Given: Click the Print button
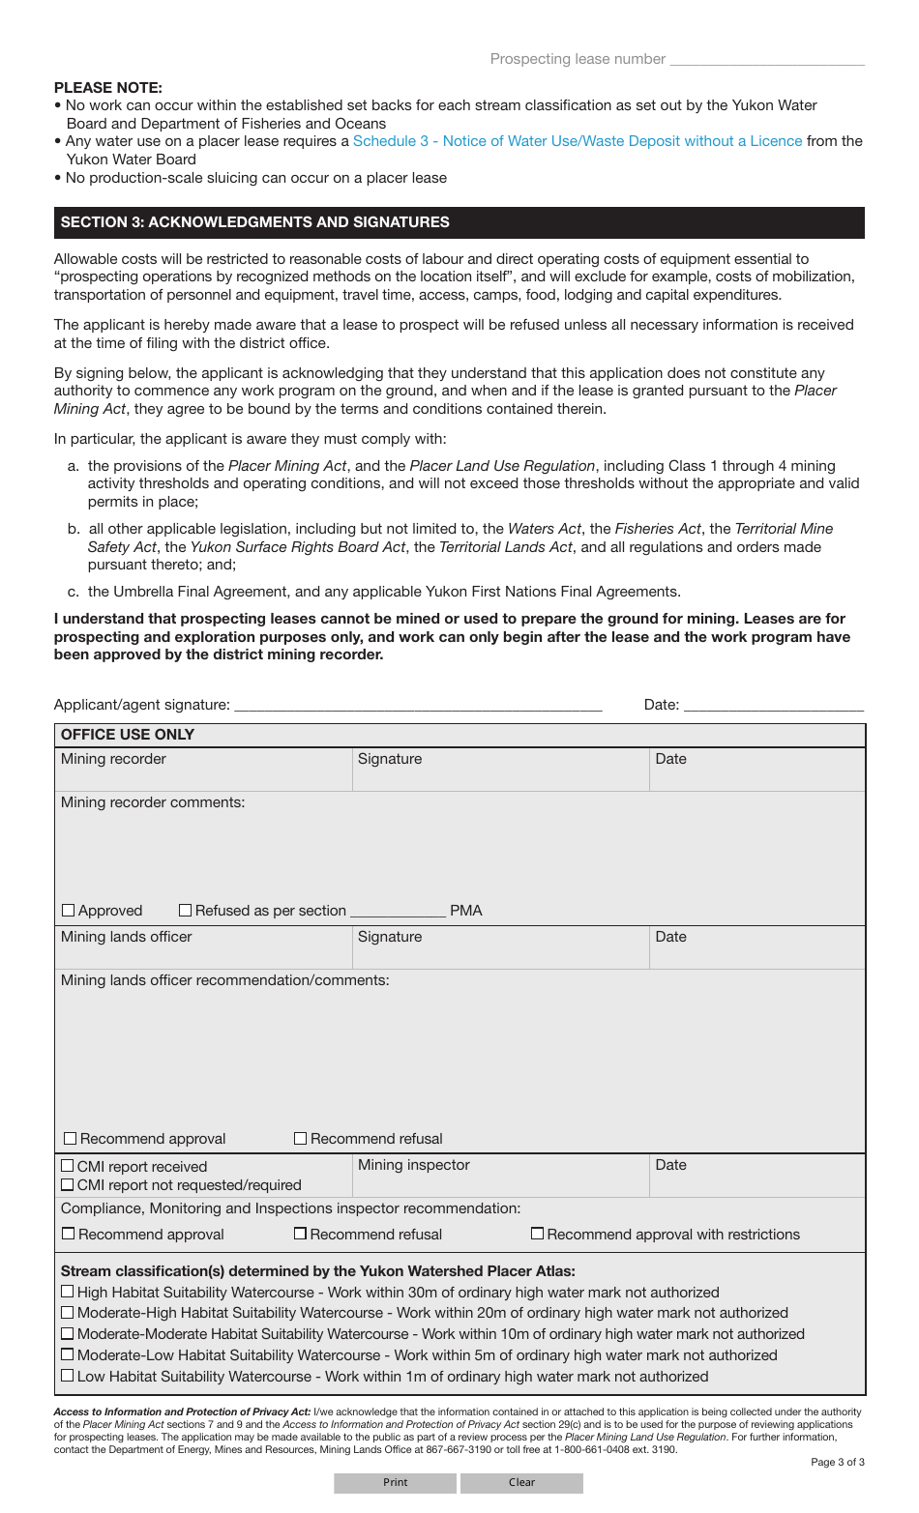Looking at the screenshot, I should click(395, 1482).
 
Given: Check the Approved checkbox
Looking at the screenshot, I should click(69, 911).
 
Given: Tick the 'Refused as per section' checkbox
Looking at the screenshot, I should click(186, 911).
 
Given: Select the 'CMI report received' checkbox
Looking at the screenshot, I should click(68, 1167).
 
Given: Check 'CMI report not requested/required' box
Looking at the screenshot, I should click(68, 1185).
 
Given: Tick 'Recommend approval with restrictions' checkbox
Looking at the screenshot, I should click(537, 1234).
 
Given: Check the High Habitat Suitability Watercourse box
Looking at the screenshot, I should click(68, 1292).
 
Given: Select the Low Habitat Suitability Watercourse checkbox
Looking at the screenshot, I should click(68, 1376).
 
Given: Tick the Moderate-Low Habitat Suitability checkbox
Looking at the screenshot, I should click(68, 1355).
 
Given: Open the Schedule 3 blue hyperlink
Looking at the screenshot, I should click(577, 141).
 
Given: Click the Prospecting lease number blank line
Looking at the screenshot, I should click(766, 60).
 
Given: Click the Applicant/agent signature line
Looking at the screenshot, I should click(418, 705).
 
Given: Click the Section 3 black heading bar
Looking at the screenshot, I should click(459, 222).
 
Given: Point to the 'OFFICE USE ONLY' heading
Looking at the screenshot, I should click(128, 735).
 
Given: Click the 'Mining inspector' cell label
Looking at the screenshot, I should click(414, 1165).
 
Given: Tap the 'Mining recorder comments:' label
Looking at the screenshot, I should click(153, 802).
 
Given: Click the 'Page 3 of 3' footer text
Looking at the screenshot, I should click(837, 1462).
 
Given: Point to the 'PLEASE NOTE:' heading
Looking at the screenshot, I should click(108, 88).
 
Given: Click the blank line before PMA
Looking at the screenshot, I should click(398, 911).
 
